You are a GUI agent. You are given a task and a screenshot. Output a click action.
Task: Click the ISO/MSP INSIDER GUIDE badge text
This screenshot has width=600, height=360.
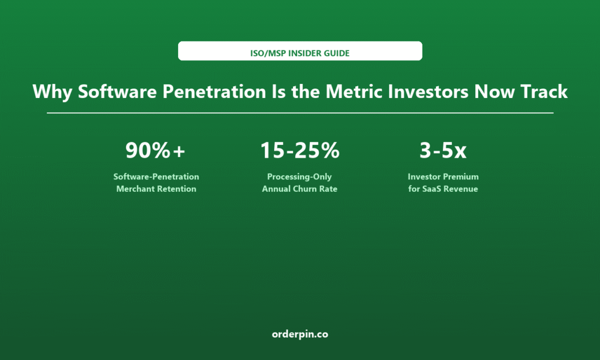[299, 53]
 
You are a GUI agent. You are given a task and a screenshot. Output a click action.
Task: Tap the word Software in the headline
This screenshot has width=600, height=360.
[117, 91]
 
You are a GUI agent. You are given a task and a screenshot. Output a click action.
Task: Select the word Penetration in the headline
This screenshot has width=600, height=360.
[214, 91]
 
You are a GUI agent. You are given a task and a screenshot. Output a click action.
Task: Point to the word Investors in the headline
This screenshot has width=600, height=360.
[428, 91]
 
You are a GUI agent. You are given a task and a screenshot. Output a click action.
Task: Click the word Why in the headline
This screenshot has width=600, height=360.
[52, 92]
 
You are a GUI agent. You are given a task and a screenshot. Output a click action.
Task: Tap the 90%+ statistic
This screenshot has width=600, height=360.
[155, 150]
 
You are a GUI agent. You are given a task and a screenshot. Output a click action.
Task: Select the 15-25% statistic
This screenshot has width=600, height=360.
[299, 150]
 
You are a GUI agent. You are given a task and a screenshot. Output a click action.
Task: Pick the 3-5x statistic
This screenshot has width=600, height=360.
[443, 150]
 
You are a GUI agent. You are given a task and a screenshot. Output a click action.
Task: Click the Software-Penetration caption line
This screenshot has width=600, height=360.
[156, 176]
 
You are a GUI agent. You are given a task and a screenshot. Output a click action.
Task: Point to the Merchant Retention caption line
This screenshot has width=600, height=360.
[156, 189]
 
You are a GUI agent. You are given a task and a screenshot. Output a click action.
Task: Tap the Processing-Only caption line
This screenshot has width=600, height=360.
[299, 177]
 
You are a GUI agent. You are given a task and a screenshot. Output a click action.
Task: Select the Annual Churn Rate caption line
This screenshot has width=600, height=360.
[299, 189]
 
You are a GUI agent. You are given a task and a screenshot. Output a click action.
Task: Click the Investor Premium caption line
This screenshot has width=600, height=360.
[443, 176]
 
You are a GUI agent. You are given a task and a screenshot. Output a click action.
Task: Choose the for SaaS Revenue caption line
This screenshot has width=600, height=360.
[443, 189]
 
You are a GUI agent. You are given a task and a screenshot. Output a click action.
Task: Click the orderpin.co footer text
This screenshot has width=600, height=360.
[300, 334]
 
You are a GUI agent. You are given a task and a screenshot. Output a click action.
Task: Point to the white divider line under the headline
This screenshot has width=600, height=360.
[300, 113]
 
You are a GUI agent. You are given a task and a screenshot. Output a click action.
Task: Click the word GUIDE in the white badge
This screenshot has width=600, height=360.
[337, 53]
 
